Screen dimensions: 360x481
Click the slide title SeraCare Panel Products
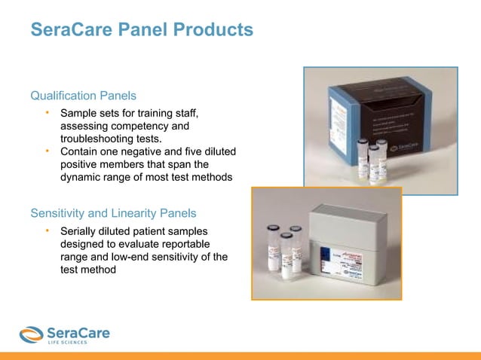[x=141, y=30]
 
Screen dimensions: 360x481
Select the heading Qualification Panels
[x=83, y=96]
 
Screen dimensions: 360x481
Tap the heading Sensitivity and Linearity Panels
[x=113, y=212]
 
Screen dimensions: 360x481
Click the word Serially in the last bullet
[x=79, y=230]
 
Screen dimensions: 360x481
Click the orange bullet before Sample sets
[x=46, y=113]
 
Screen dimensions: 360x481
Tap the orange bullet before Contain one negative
[x=46, y=152]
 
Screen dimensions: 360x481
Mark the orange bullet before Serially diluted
[x=46, y=230]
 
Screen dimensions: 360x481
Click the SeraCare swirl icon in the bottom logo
[x=32, y=334]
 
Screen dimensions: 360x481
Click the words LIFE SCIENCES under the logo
[x=66, y=343]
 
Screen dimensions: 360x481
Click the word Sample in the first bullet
[x=78, y=113]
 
